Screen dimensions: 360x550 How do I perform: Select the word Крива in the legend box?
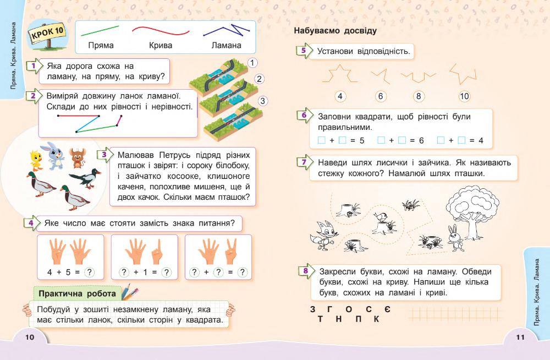(160, 46)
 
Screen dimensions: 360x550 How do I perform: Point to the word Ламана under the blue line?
(226, 46)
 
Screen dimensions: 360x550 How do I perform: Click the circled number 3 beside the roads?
(263, 101)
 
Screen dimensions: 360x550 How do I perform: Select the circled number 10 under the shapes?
(464, 96)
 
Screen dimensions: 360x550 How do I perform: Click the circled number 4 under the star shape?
(340, 96)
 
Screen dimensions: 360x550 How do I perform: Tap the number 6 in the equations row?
(421, 140)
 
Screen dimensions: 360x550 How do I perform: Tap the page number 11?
(520, 337)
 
